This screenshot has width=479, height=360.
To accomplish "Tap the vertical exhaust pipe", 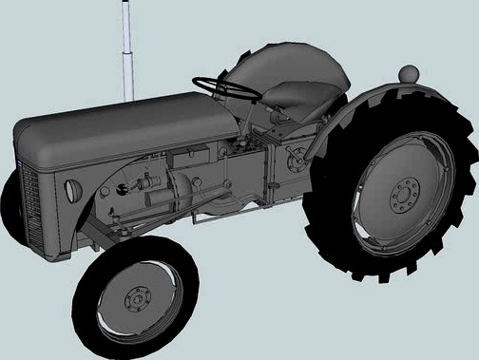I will (127, 57).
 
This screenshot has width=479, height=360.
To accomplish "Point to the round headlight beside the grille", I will (69, 189).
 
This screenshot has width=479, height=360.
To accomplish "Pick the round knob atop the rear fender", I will (409, 72).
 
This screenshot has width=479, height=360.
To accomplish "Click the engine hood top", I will (124, 123).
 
